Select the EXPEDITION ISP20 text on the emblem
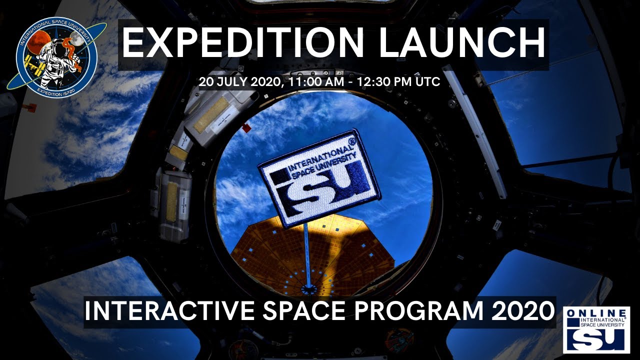pos(56,90)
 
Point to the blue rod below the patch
pos(307,255)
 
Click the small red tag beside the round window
pos(246,128)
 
